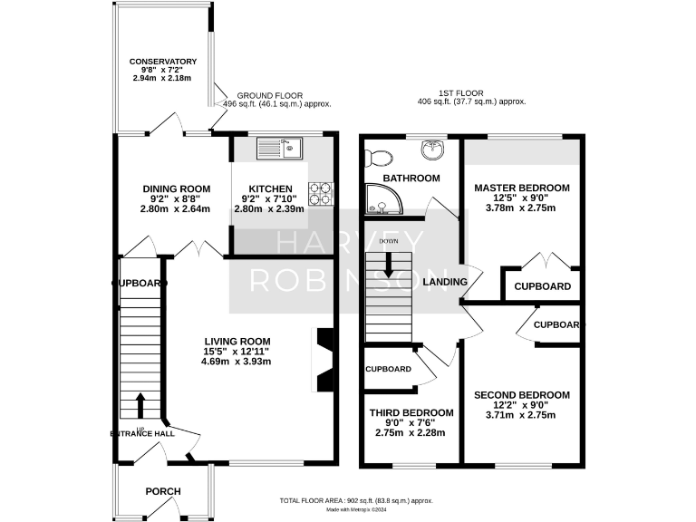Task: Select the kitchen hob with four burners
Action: coord(321,191)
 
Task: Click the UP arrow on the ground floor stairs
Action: coord(140,402)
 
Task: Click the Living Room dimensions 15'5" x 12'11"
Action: coord(237,351)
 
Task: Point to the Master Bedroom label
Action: coord(522,188)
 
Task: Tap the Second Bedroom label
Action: coord(522,395)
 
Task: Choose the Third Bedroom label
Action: coord(411,412)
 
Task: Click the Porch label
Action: coord(163,491)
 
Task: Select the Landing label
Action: coord(445,282)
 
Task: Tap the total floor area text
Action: coord(357,500)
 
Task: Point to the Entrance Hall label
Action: coord(142,434)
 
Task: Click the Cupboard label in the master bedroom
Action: coord(542,286)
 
